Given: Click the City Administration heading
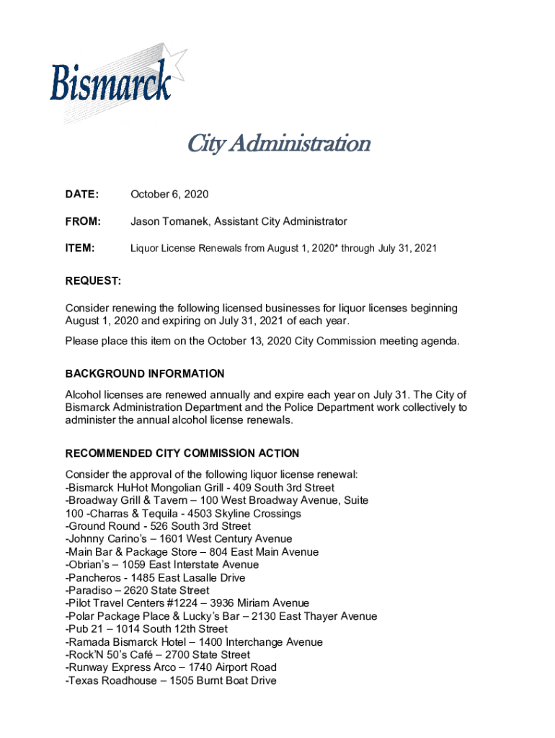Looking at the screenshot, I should pos(278,143).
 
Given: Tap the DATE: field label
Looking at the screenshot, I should pos(81,195).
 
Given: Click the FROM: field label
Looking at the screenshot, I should pos(83,221).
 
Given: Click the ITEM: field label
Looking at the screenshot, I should pos(80,248).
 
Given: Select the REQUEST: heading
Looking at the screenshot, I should pos(93,280).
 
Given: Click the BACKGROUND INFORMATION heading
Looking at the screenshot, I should pos(144,373).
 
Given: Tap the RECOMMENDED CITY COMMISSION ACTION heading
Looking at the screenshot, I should pos(182,453).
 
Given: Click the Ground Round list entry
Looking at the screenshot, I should pos(158,526).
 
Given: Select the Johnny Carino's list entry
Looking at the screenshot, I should pos(179,539).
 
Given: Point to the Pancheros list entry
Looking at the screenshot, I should pos(155,578).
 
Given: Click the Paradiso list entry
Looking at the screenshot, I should pos(138,591).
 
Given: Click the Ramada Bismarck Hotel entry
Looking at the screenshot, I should pos(194,642).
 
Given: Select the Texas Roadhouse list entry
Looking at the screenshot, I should pos(171,680).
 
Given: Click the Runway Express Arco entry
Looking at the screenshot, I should pos(171,667).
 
